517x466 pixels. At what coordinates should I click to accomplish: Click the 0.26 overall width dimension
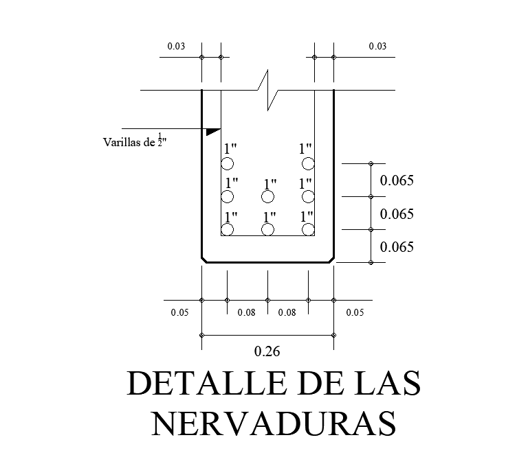point(267,352)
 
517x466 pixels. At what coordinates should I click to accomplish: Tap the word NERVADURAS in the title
point(274,423)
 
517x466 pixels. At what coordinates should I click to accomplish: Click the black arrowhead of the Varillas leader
point(212,130)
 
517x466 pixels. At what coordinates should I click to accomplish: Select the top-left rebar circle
point(228,163)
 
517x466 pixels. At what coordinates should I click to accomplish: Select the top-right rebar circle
point(308,163)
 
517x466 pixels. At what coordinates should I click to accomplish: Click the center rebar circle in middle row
point(268,197)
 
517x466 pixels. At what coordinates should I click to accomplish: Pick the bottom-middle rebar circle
point(268,229)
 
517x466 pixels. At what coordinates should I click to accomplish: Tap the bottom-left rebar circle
point(228,229)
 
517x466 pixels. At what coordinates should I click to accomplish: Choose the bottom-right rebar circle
point(308,229)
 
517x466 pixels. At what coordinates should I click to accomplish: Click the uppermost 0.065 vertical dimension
point(397,181)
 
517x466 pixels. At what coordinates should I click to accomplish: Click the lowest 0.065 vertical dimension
point(397,247)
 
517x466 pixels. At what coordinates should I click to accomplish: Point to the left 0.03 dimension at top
point(176,46)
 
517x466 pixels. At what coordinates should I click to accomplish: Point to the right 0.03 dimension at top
point(377,46)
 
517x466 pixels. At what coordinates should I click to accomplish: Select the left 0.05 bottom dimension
point(179,313)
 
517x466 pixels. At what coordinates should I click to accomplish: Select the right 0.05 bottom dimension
point(355,313)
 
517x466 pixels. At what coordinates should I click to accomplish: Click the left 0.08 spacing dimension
point(246,313)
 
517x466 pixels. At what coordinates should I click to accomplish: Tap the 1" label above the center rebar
point(269,183)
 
